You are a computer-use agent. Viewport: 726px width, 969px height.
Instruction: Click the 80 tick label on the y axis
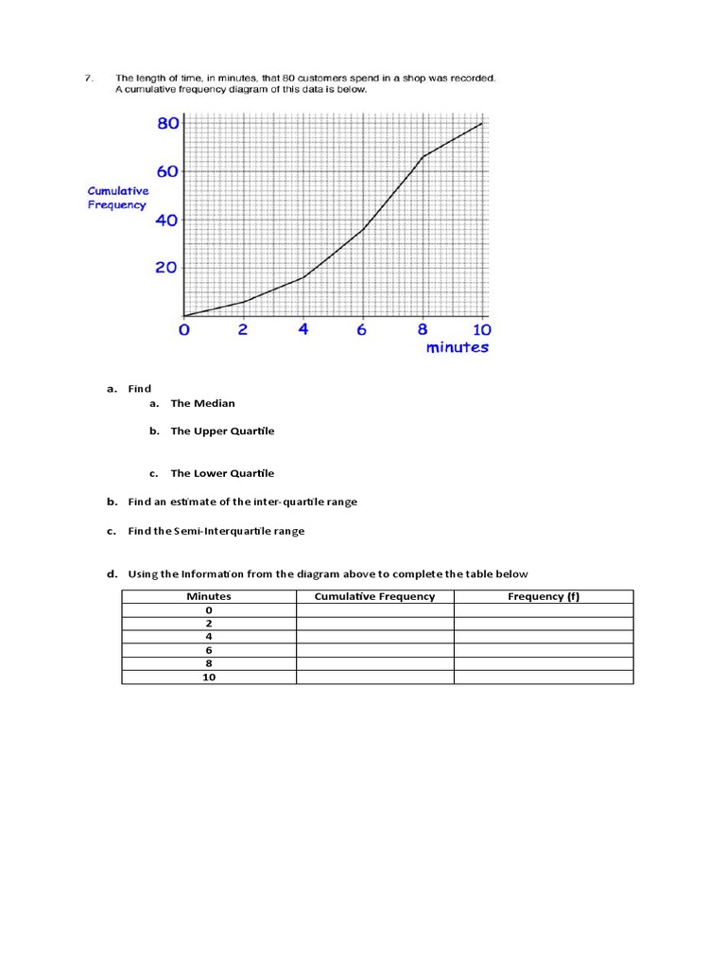167,124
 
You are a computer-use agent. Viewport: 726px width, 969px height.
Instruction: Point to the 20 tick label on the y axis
166,268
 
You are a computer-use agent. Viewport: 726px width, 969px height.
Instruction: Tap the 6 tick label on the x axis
362,330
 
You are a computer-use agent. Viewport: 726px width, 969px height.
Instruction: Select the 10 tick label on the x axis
481,330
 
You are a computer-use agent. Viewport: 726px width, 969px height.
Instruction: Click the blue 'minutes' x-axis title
458,347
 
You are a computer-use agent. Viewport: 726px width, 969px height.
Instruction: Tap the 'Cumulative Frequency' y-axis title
118,198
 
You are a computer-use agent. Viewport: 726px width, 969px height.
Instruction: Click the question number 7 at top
87,78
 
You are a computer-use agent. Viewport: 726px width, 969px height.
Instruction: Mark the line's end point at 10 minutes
482,123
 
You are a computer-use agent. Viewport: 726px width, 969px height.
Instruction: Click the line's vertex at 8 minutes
423,157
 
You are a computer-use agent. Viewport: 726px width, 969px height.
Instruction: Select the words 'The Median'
202,403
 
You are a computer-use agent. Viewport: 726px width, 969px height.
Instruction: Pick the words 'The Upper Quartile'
222,431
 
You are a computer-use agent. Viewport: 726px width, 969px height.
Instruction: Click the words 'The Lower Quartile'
222,473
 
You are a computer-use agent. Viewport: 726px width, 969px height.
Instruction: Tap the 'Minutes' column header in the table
209,596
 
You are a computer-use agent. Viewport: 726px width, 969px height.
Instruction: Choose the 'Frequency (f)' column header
544,596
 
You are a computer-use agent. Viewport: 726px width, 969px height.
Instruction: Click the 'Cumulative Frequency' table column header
374,596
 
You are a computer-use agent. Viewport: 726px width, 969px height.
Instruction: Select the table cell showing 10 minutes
209,678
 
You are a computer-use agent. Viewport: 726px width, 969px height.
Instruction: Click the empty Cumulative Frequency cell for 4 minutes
374,637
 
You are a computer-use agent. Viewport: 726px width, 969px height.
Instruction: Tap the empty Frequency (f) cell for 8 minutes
544,663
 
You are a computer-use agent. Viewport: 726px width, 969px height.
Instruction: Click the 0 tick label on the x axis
184,330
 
